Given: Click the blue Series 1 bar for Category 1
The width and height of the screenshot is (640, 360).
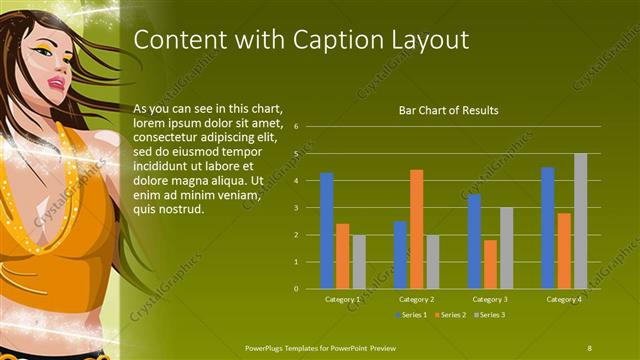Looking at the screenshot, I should click(326, 230).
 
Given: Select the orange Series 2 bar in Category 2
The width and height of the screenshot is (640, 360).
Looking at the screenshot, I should click(416, 229).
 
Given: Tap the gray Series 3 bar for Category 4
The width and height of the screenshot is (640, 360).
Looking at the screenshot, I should click(580, 221).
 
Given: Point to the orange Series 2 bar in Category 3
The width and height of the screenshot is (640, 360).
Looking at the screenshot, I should click(490, 264).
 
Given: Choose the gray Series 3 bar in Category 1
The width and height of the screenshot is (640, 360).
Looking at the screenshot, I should click(359, 262).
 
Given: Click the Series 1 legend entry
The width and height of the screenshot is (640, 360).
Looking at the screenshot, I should click(412, 315).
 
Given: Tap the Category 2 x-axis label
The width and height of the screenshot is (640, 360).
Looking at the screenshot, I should click(415, 299).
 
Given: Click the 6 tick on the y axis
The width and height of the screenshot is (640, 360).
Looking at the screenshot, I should click(296, 127).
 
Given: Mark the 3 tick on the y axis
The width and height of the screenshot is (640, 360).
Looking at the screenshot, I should click(296, 208).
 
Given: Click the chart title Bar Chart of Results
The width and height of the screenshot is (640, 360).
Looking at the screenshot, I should click(448, 110).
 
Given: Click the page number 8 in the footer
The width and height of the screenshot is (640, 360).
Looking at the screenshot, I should click(589, 347).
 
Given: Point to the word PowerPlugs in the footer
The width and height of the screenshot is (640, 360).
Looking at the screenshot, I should click(267, 347).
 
